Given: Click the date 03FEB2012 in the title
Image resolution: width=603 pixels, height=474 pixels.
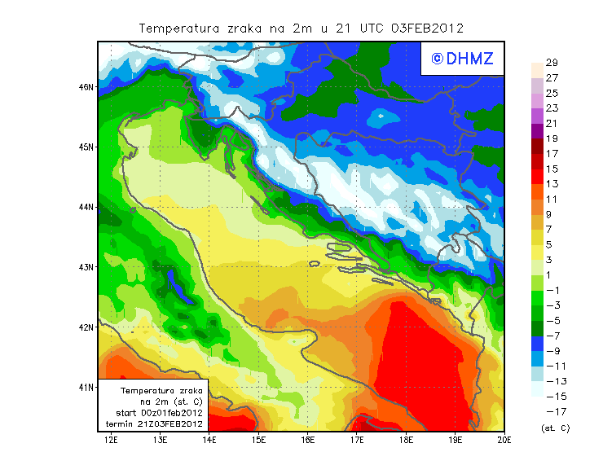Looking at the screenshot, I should pyautogui.click(x=427, y=28).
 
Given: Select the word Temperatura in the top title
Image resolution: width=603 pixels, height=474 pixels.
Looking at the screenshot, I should pyautogui.click(x=177, y=28).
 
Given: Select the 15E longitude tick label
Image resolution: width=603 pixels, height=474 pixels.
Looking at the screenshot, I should pyautogui.click(x=259, y=441).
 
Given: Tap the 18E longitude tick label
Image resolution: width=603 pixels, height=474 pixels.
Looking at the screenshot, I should pyautogui.click(x=406, y=441).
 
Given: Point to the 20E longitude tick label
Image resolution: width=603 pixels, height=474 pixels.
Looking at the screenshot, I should pyautogui.click(x=504, y=441).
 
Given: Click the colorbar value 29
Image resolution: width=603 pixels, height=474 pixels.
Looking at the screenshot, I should pyautogui.click(x=552, y=63).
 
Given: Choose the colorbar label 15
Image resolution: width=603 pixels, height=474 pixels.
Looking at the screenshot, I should pyautogui.click(x=552, y=169).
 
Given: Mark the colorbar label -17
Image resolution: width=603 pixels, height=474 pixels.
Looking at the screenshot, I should pyautogui.click(x=552, y=411).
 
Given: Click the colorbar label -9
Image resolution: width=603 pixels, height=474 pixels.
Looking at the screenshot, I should pyautogui.click(x=552, y=351).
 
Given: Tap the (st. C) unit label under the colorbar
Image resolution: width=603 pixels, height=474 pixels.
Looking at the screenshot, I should pyautogui.click(x=555, y=428).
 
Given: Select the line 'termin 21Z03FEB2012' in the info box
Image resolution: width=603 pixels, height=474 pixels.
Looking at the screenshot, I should pyautogui.click(x=160, y=424).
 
